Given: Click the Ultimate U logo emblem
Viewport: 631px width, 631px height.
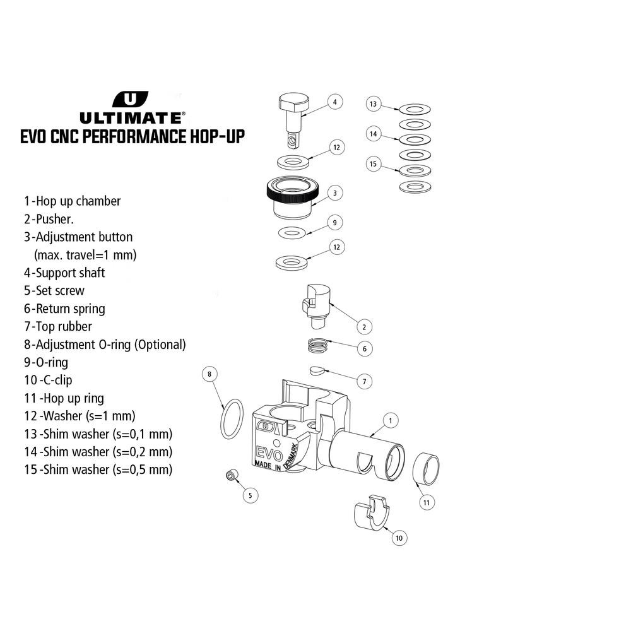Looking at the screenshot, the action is coord(130,100).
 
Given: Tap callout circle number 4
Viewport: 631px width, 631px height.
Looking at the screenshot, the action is coord(335,102).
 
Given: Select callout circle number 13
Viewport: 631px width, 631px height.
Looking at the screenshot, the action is coord(374,104).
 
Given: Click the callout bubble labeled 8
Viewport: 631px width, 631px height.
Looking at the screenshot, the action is coord(209,374).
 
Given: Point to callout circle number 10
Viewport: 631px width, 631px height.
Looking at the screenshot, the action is coord(399,538).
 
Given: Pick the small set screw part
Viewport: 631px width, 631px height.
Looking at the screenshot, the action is coord(232,475).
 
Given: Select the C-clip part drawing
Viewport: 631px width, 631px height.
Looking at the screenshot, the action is coord(372,512).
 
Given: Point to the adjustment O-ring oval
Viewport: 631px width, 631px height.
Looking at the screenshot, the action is coord(232,418).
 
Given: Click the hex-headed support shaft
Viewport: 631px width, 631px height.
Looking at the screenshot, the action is coord(294,120).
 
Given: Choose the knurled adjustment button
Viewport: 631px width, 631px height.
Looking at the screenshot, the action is coord(293,197).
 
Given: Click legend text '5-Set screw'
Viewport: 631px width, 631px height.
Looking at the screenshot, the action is coord(54,290).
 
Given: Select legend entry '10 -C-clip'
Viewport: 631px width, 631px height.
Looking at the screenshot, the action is coord(48,380).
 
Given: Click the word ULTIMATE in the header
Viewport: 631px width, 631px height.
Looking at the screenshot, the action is coord(131,118).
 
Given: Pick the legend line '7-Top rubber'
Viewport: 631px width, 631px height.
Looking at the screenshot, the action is coord(58,326).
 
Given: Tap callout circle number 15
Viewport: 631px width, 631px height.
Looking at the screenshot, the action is coord(374,164).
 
